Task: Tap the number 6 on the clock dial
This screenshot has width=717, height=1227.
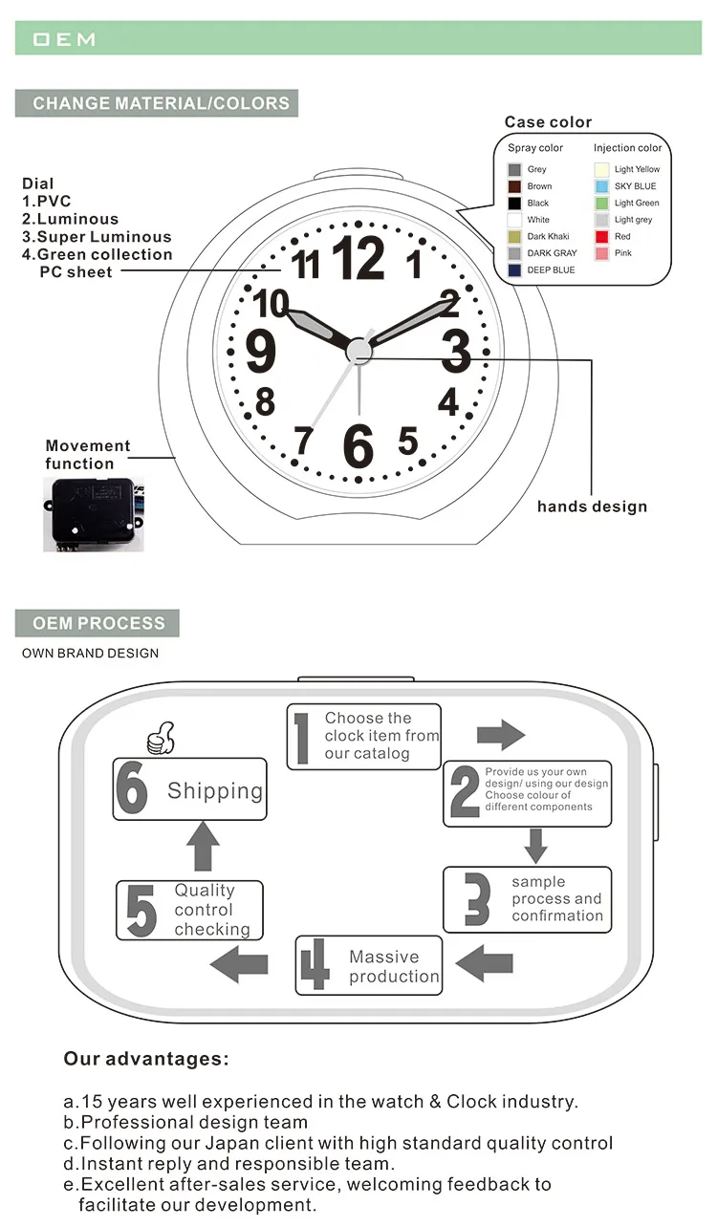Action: [358, 444]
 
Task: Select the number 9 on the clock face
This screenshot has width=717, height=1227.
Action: [261, 352]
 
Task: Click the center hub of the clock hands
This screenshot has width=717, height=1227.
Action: [358, 351]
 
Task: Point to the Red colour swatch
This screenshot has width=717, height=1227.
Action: [601, 236]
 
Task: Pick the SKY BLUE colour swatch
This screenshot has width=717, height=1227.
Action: [601, 186]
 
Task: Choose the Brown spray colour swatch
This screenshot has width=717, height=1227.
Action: [514, 186]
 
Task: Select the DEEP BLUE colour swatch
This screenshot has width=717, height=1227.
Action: [514, 270]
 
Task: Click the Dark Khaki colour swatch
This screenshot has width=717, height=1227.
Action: [514, 237]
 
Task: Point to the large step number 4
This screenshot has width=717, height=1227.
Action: [315, 966]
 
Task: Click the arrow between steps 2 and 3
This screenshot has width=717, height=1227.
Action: [536, 845]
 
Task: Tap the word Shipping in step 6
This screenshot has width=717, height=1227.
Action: [215, 791]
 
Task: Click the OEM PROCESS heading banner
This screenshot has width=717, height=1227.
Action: [98, 623]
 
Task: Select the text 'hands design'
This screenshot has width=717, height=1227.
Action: [592, 506]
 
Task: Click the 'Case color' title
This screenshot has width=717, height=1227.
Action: [548, 122]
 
